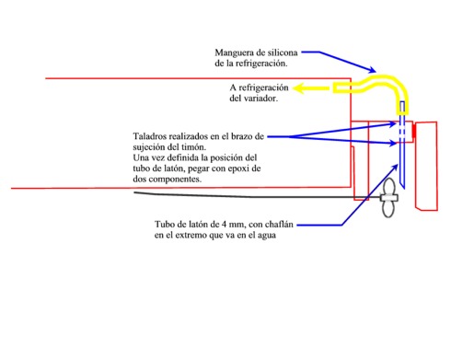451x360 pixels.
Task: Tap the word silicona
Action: tap(283, 52)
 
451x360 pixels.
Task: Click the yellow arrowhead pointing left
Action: tap(298, 88)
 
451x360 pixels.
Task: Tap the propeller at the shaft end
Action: tap(389, 198)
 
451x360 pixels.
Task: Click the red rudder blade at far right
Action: tap(426, 166)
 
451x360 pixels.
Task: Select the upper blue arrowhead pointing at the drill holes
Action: tap(393, 124)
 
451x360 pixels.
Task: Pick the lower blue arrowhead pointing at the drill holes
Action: tap(393, 143)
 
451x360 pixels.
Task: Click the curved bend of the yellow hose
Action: tap(397, 83)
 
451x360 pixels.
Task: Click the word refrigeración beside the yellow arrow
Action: tap(263, 88)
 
